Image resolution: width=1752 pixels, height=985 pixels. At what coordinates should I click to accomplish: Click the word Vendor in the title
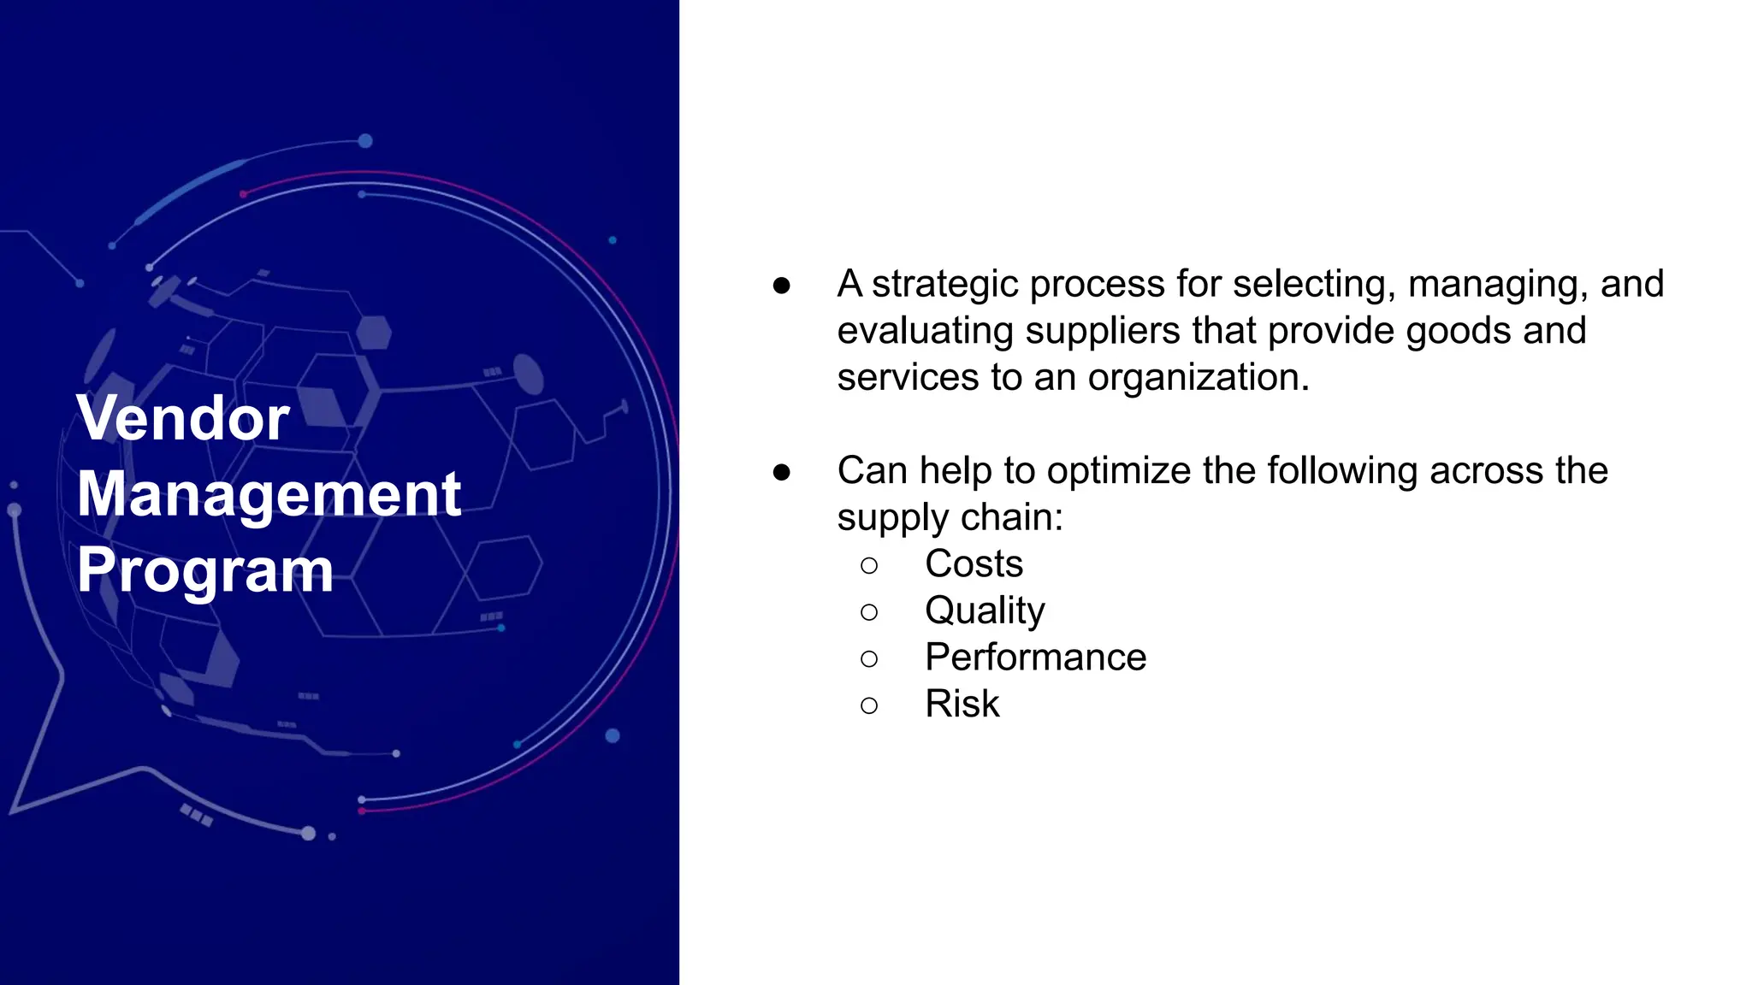(x=183, y=418)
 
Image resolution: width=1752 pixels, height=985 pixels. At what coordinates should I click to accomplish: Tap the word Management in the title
(x=269, y=494)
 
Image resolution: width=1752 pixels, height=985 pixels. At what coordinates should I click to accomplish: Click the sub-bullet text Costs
(x=974, y=563)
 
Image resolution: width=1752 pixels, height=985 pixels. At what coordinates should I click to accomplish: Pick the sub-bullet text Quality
(x=985, y=610)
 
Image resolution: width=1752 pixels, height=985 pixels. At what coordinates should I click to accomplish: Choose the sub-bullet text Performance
(x=1035, y=658)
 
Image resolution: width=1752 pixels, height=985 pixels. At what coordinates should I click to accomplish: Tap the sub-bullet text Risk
(x=962, y=704)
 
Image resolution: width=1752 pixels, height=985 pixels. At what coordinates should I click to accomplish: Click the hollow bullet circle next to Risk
(x=869, y=705)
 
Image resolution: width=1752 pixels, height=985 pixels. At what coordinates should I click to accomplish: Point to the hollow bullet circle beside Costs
(x=869, y=565)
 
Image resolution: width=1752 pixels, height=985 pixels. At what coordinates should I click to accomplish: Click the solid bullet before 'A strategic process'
(x=781, y=286)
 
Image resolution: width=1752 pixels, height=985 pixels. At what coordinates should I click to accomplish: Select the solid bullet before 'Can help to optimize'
(x=781, y=472)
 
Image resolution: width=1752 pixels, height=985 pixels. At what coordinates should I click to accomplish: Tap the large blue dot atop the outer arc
(x=365, y=141)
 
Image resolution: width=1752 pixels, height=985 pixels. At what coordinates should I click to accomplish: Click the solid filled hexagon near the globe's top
(x=374, y=333)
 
